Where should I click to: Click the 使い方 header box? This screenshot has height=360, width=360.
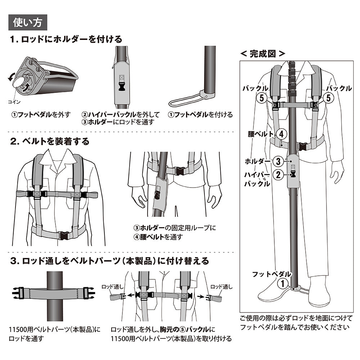click(27, 22)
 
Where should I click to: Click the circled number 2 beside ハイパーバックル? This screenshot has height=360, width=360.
click(278, 175)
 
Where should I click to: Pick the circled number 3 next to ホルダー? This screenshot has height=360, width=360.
click(278, 161)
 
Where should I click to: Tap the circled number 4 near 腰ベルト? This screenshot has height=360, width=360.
click(282, 134)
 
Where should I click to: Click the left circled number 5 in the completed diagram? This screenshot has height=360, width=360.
click(262, 97)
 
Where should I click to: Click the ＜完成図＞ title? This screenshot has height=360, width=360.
click(263, 54)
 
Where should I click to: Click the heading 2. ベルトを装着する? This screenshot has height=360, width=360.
click(50, 141)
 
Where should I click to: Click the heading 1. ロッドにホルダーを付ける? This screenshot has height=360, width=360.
click(66, 39)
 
